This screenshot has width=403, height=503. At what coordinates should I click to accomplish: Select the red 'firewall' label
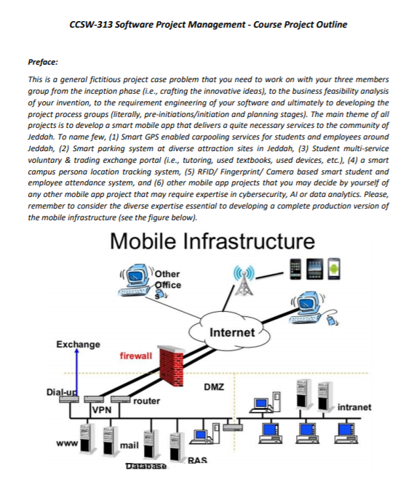(x=135, y=356)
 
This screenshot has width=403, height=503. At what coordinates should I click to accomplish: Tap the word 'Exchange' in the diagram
(x=78, y=344)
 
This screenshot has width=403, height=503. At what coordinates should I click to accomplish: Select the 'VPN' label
(x=101, y=409)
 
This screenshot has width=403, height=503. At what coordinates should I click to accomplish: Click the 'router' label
(x=147, y=400)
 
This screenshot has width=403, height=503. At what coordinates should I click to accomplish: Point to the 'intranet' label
(x=354, y=407)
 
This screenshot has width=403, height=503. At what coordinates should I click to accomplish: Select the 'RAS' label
(x=196, y=460)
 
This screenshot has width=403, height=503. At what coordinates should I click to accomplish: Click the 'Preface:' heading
(x=44, y=63)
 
